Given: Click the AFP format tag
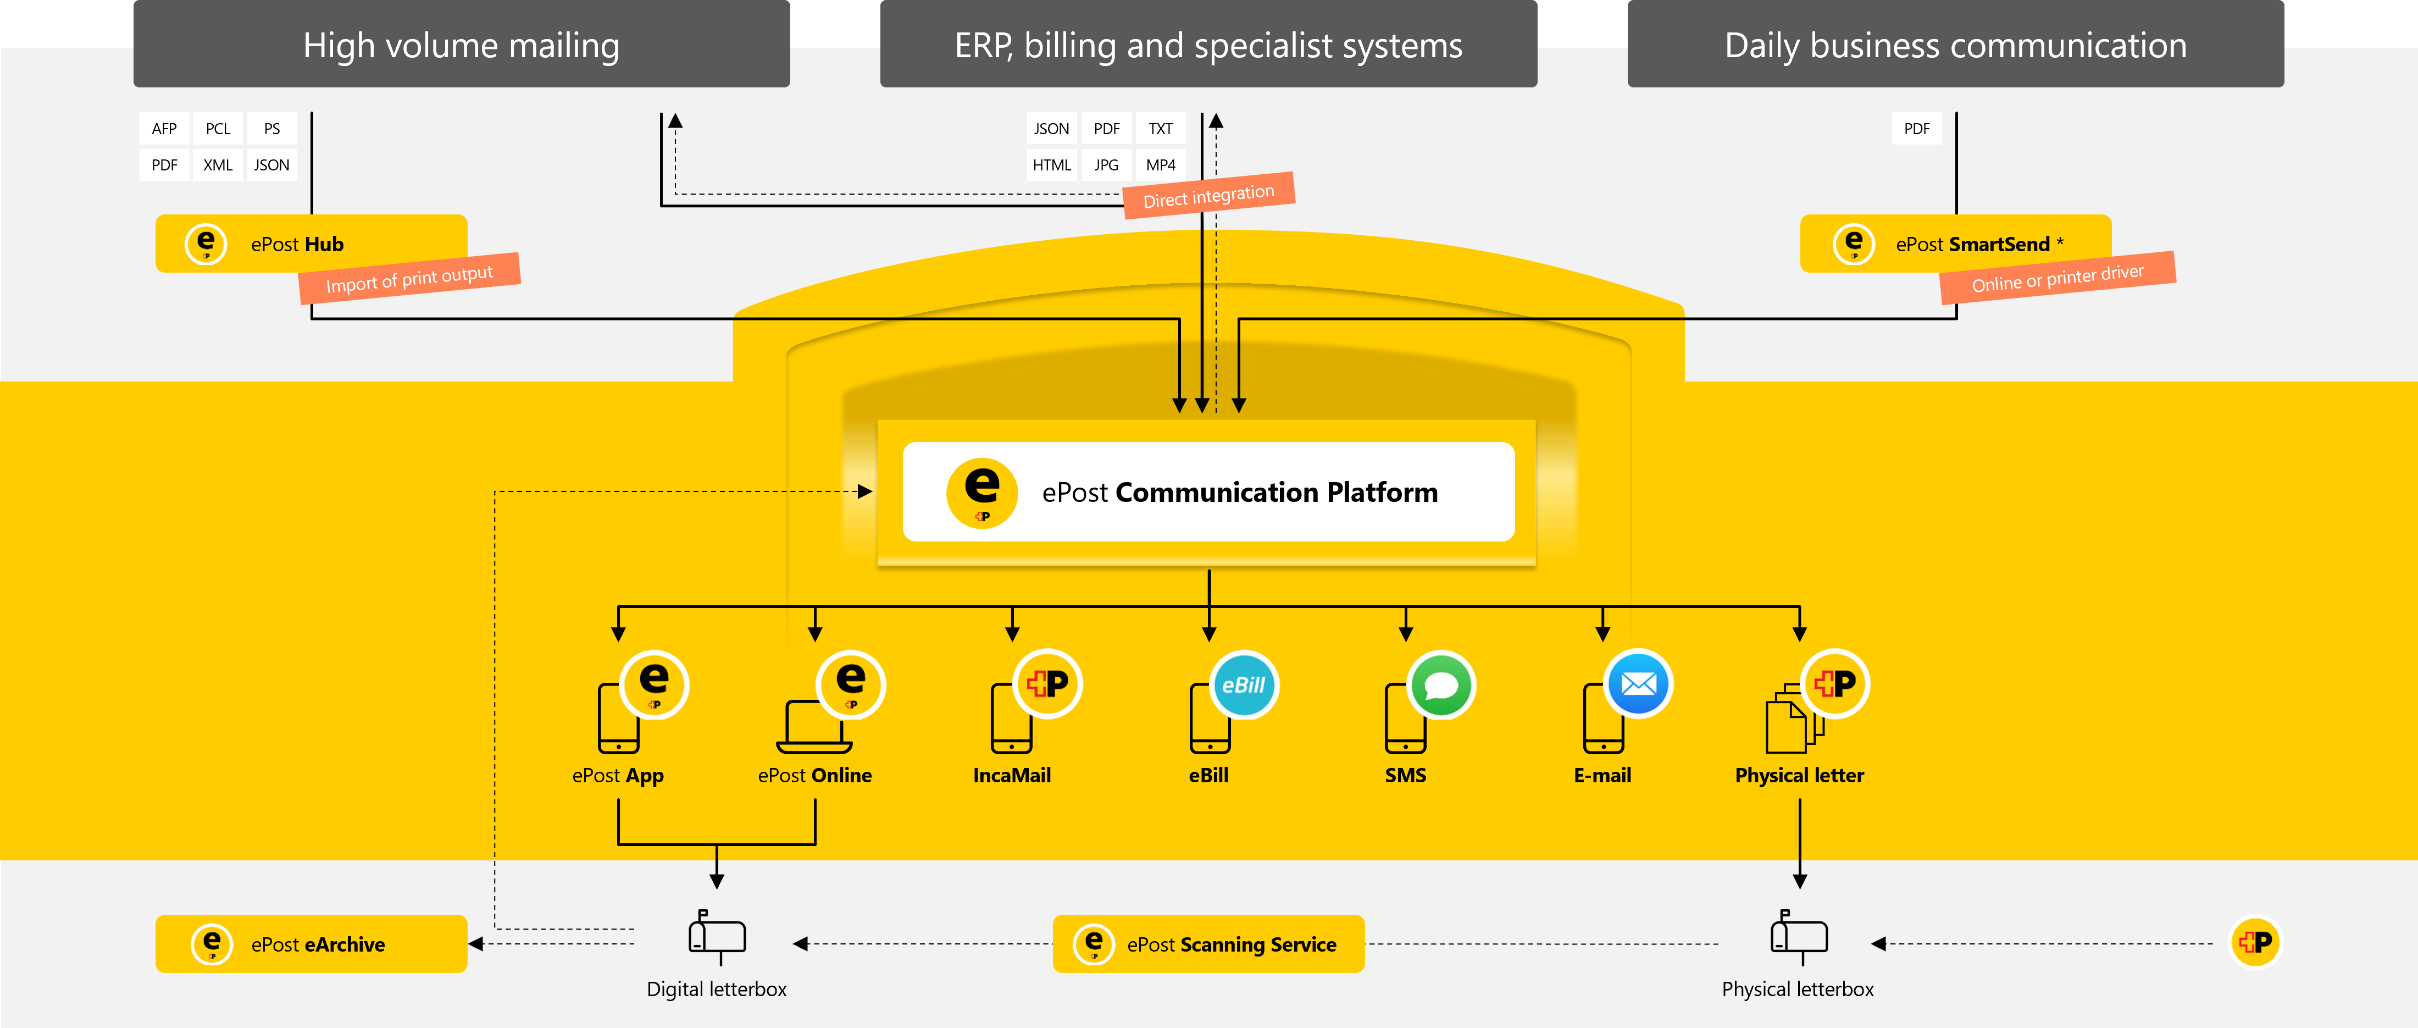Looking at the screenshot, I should click(164, 129).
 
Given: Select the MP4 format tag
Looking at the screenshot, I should click(1160, 165).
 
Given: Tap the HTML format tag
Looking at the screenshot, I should click(1051, 165).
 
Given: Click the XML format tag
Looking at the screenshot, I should click(218, 165).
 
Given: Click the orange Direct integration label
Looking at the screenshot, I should click(1209, 195).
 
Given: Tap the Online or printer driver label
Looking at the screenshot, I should click(2057, 278).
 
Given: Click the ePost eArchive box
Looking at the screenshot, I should click(310, 943).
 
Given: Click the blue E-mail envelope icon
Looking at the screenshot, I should click(1639, 684).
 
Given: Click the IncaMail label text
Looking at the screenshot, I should click(1012, 776).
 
